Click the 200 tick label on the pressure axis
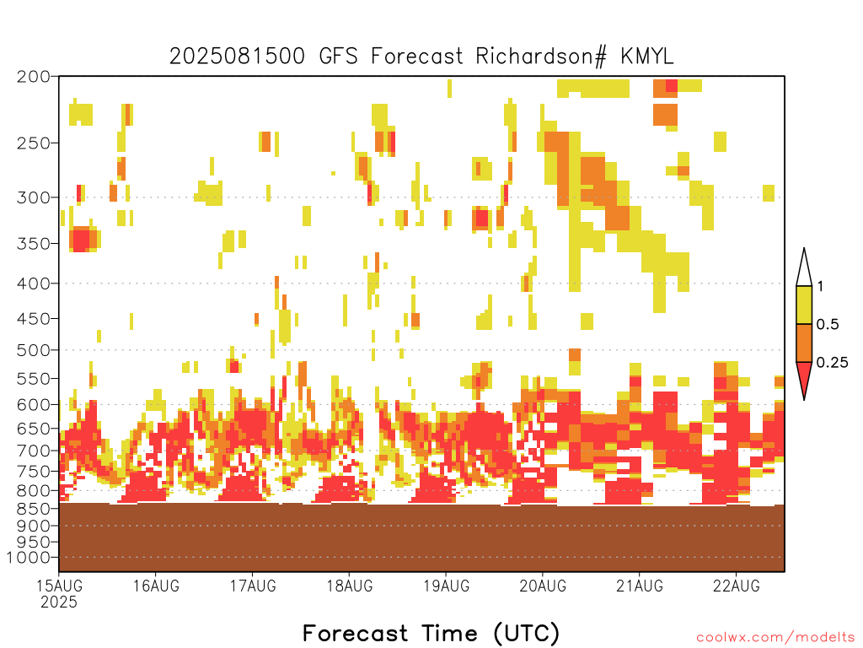point(34,77)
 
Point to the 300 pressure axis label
point(34,197)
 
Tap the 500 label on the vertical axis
point(34,350)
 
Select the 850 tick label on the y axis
point(34,509)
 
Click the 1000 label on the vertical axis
point(29,558)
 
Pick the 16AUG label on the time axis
point(156,586)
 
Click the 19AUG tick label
point(447,586)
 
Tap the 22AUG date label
point(737,586)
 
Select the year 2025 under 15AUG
point(59,602)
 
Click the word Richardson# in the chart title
point(541,57)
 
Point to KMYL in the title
point(647,57)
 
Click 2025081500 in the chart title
point(237,57)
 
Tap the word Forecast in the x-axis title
point(355,633)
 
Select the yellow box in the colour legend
point(804,305)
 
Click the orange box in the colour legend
point(804,343)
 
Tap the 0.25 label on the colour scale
point(832,363)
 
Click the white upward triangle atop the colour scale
point(804,267)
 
